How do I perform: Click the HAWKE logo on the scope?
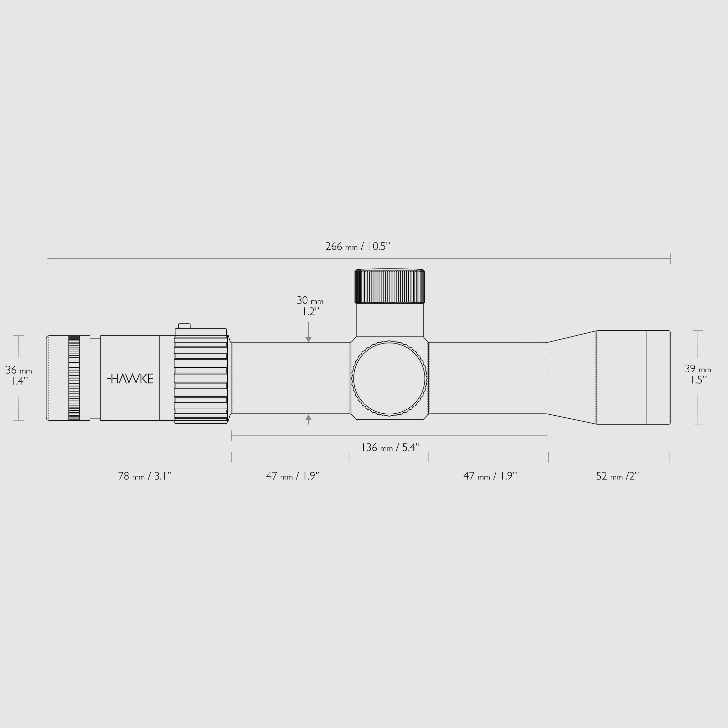(130, 379)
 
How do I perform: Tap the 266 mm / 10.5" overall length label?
(358, 247)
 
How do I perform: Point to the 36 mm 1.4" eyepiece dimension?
(19, 375)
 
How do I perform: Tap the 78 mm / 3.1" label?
(145, 476)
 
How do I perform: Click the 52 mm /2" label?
(617, 476)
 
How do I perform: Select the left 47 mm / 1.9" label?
(293, 476)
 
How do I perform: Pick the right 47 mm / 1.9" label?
(490, 476)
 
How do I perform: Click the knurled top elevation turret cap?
(389, 286)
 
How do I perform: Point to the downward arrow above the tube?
(308, 339)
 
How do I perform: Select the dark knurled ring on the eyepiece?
(74, 378)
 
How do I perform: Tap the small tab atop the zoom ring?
(184, 326)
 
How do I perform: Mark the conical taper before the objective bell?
(571, 378)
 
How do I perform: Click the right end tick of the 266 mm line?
(670, 258)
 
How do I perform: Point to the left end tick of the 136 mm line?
(231, 435)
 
